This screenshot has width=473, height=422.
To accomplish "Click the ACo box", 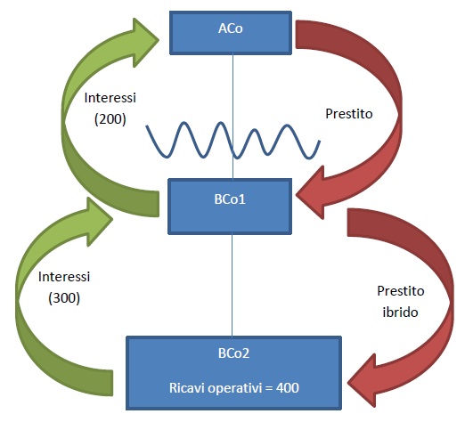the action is tap(231, 33).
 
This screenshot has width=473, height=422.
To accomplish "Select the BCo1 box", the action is tap(230, 207).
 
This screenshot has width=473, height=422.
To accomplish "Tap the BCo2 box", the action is tap(233, 373).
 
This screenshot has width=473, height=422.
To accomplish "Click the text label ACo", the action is tap(231, 28).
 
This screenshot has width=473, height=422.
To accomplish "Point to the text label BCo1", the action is tap(230, 199).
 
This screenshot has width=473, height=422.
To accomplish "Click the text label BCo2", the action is tap(233, 353).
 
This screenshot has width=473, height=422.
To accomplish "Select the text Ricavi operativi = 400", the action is tap(234, 388).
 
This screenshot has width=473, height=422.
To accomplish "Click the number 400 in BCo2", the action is tap(288, 387).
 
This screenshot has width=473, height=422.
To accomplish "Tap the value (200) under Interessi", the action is tap(110, 119).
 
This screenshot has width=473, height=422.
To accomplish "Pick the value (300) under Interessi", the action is tap(64, 298).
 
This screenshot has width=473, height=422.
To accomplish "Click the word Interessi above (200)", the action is tap(110, 98).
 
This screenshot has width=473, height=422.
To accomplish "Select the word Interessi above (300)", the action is tap(64, 277).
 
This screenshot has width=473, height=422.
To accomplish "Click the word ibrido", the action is tap(400, 312).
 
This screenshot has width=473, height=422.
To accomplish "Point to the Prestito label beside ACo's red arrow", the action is tap(349, 114).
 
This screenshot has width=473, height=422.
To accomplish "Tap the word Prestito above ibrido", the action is tap(401, 291).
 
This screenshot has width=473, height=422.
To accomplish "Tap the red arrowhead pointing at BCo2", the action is tap(362, 381).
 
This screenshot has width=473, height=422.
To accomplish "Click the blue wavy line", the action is tap(233, 141).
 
